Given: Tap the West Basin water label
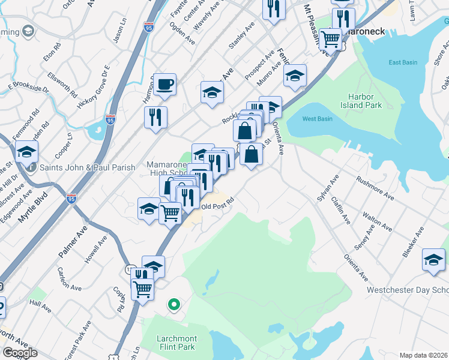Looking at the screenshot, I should pyautogui.click(x=317, y=119).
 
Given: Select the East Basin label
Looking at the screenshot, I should pyautogui.click(x=402, y=62).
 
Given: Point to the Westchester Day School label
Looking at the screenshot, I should pyautogui.click(x=408, y=290).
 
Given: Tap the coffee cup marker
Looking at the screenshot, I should pyautogui.click(x=164, y=85).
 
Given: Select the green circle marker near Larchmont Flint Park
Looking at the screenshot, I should pyautogui.click(x=173, y=305).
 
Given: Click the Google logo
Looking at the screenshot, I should pyautogui.click(x=20, y=353).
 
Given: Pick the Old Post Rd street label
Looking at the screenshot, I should pyautogui.click(x=217, y=206).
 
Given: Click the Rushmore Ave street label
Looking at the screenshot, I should pyautogui.click(x=375, y=187).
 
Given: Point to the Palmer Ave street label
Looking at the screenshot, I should pyautogui.click(x=73, y=243).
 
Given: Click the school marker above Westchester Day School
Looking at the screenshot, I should pyautogui.click(x=433, y=259).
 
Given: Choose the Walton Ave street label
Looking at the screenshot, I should pyautogui.click(x=378, y=220).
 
